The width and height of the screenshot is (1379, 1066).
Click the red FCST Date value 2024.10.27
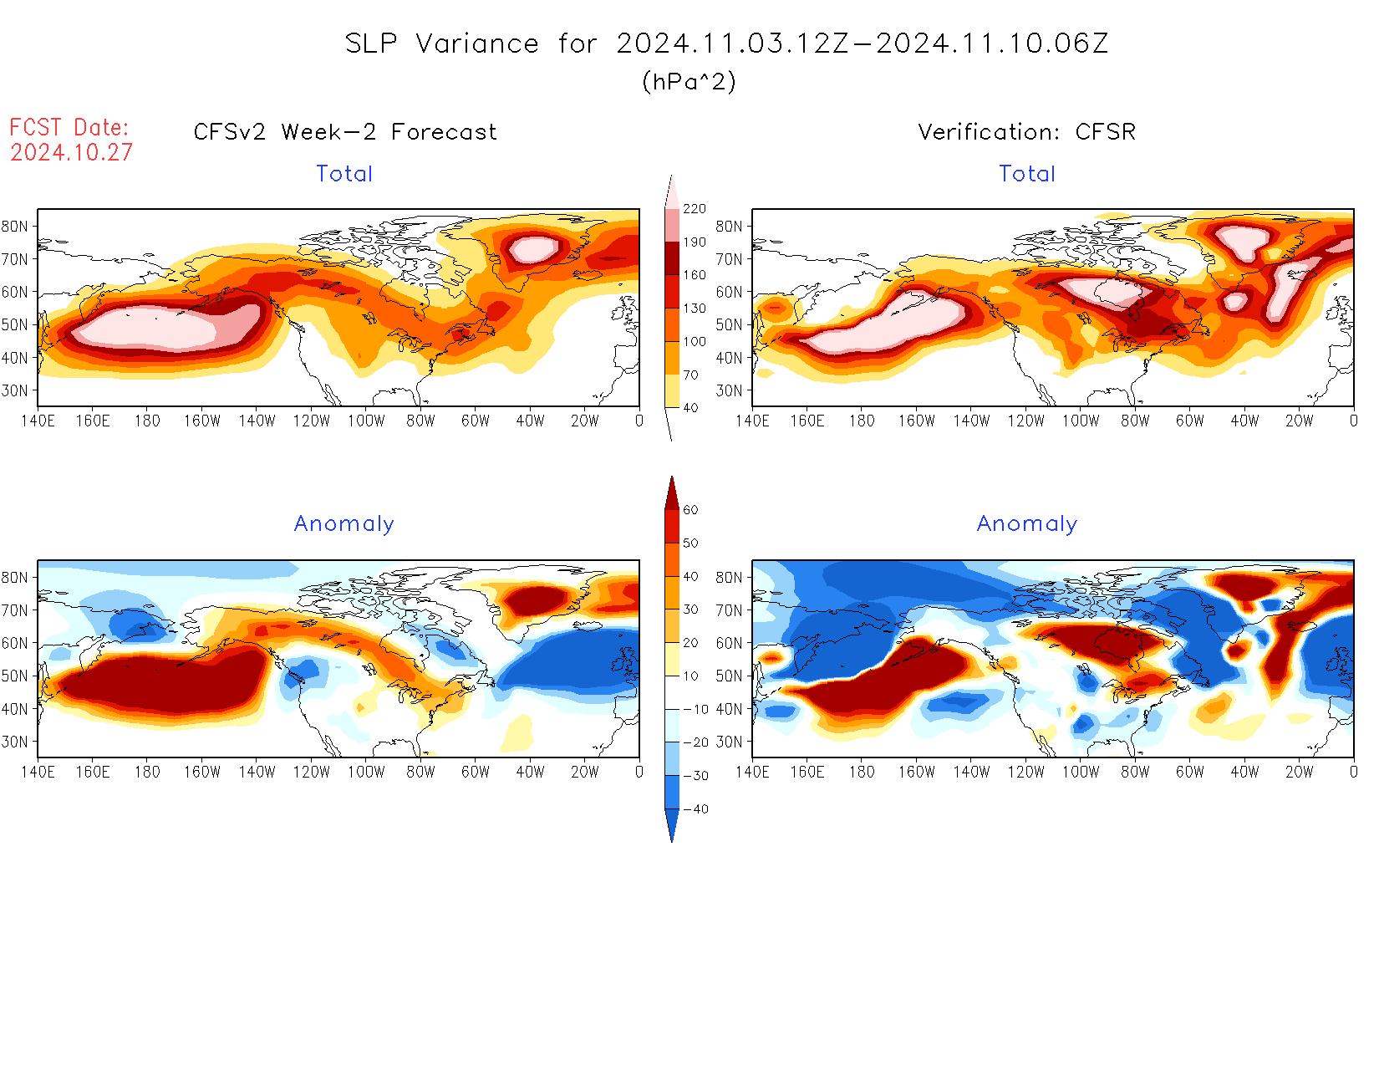pos(71,152)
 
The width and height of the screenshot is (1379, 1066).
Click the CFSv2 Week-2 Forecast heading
pos(344,132)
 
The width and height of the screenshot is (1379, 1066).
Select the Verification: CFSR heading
pos(1026,132)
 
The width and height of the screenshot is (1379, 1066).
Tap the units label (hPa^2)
pos(689,81)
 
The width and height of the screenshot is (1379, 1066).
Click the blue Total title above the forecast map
pos(344,174)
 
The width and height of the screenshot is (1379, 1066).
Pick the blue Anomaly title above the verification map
pos(1026,524)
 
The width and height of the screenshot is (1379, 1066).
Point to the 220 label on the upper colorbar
pos(694,209)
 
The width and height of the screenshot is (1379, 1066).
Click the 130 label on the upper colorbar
pos(694,309)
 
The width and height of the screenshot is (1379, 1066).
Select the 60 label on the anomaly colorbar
pos(690,510)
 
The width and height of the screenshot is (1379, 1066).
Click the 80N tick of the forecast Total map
pos(15,226)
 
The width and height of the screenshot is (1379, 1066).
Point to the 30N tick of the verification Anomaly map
pos(729,742)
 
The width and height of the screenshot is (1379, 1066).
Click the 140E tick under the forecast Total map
pos(38,421)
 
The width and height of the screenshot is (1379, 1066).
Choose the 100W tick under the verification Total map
pos(1081,421)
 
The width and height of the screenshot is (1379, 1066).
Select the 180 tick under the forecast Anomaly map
pos(147,773)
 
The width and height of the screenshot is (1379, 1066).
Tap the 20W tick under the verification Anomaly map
pos(1299,773)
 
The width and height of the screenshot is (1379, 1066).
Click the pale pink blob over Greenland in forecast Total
pos(533,248)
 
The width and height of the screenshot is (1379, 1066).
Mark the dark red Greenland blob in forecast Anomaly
pos(535,599)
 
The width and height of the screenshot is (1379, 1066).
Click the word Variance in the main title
pos(477,43)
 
